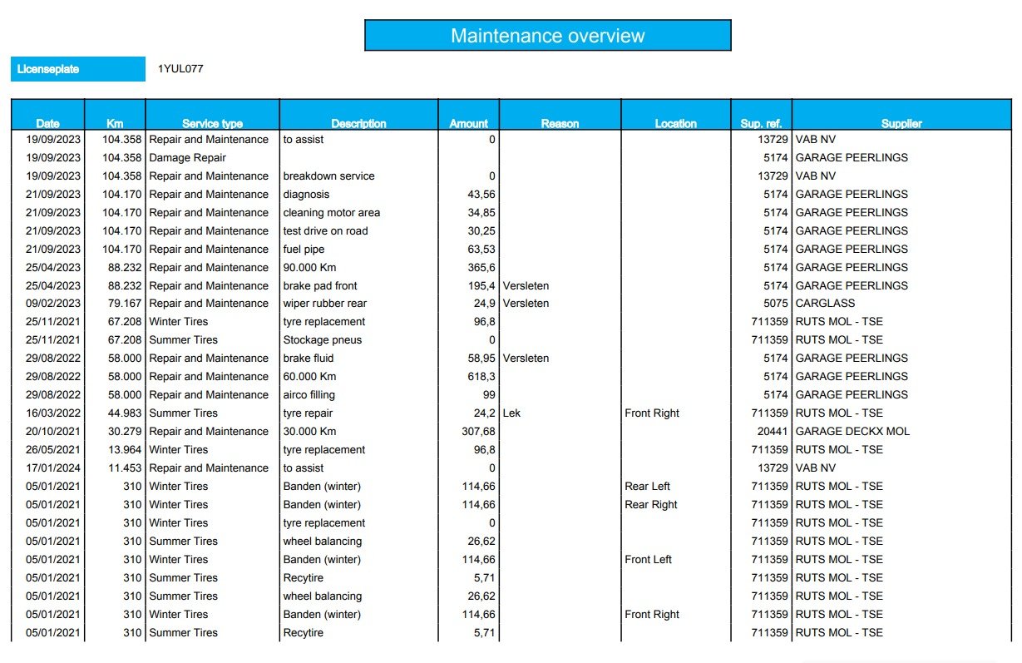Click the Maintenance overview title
click(547, 36)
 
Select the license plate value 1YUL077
click(180, 69)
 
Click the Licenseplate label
click(48, 69)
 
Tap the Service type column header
click(212, 123)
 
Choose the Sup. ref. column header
click(761, 123)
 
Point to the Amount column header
click(469, 123)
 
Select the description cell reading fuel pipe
click(304, 249)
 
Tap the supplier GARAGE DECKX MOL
click(852, 431)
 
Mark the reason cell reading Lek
click(511, 413)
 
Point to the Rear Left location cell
click(647, 486)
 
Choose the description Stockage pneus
click(323, 339)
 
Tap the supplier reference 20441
click(773, 431)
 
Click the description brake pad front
click(320, 285)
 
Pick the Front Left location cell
click(648, 559)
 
